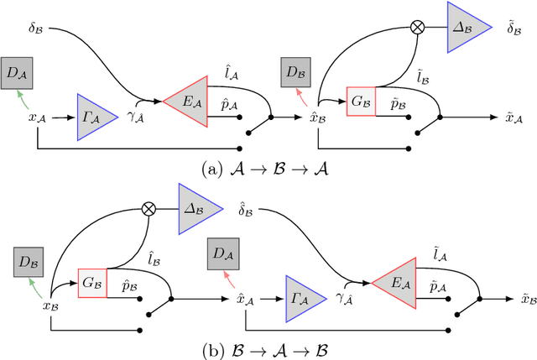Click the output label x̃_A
point(515,118)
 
